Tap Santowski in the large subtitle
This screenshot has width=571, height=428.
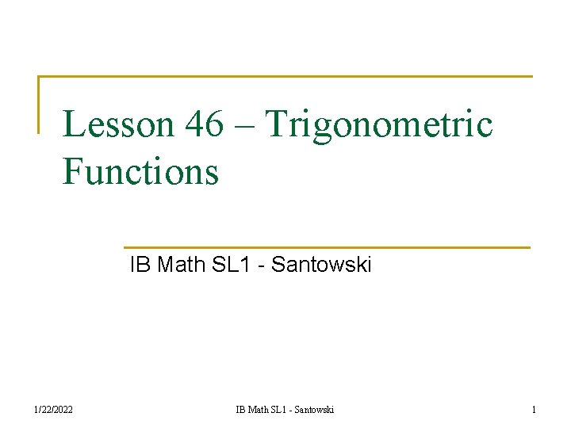click(321, 265)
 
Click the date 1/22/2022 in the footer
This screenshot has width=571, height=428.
click(53, 410)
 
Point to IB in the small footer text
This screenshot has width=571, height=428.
click(240, 410)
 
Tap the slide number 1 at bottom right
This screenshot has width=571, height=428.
click(534, 410)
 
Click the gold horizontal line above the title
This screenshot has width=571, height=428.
click(285, 77)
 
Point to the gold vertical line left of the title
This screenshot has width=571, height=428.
click(39, 104)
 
